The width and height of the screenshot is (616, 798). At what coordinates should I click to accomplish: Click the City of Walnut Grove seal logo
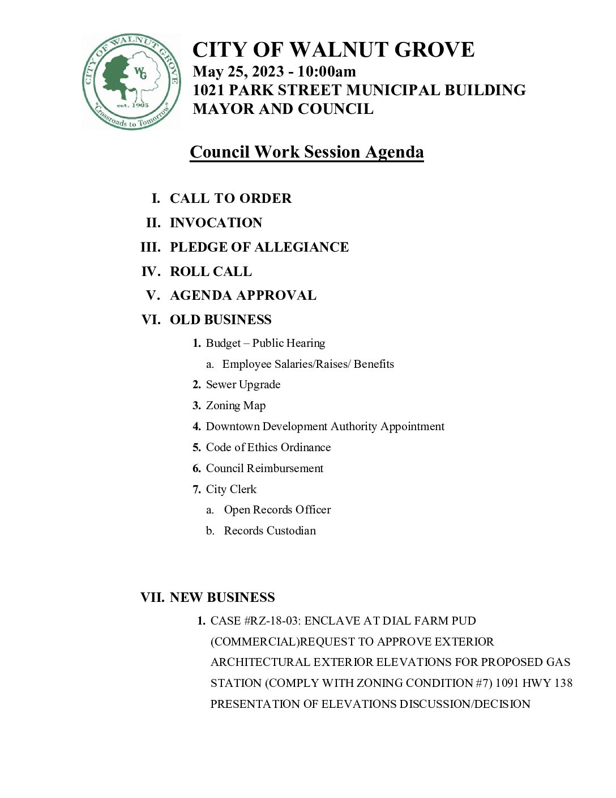click(x=131, y=82)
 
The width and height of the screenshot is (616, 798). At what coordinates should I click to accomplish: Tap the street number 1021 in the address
click(x=211, y=90)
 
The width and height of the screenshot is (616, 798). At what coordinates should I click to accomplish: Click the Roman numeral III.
click(x=151, y=247)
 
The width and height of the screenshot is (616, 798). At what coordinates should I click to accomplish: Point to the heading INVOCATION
click(x=216, y=223)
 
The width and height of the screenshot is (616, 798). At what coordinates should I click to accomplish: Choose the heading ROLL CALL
click(x=211, y=271)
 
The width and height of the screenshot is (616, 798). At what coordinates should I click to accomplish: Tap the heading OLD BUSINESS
click(x=220, y=320)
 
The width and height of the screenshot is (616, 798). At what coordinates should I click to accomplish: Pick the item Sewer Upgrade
click(x=243, y=384)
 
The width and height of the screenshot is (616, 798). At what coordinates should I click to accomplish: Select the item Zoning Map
click(x=236, y=405)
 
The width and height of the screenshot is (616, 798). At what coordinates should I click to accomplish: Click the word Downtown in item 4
click(x=232, y=426)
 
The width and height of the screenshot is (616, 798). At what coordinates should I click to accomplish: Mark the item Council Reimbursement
click(x=264, y=468)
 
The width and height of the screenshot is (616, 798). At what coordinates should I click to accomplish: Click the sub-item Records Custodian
click(x=269, y=530)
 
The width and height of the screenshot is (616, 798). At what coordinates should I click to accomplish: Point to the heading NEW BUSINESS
click(x=222, y=597)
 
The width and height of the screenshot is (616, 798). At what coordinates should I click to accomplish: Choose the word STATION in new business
click(x=236, y=683)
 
